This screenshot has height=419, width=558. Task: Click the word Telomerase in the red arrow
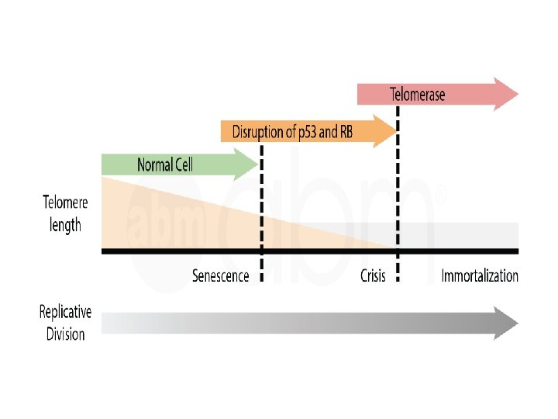pyautogui.click(x=417, y=95)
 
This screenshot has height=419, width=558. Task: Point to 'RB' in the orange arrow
pyautogui.click(x=345, y=132)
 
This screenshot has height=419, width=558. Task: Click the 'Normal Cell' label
pyautogui.click(x=165, y=164)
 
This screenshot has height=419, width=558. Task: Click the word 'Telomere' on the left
pyautogui.click(x=65, y=203)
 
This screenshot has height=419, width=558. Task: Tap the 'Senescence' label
pyautogui.click(x=221, y=276)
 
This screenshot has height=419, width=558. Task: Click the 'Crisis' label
pyautogui.click(x=373, y=276)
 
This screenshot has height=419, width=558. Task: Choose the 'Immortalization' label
pyautogui.click(x=480, y=276)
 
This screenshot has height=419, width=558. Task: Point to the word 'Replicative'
pyautogui.click(x=65, y=312)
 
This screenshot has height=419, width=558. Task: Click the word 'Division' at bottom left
pyautogui.click(x=65, y=334)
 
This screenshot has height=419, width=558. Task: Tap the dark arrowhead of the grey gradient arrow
pyautogui.click(x=508, y=323)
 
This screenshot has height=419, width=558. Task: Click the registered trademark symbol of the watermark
pyautogui.click(x=443, y=196)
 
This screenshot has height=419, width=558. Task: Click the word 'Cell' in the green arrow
pyautogui.click(x=181, y=164)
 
